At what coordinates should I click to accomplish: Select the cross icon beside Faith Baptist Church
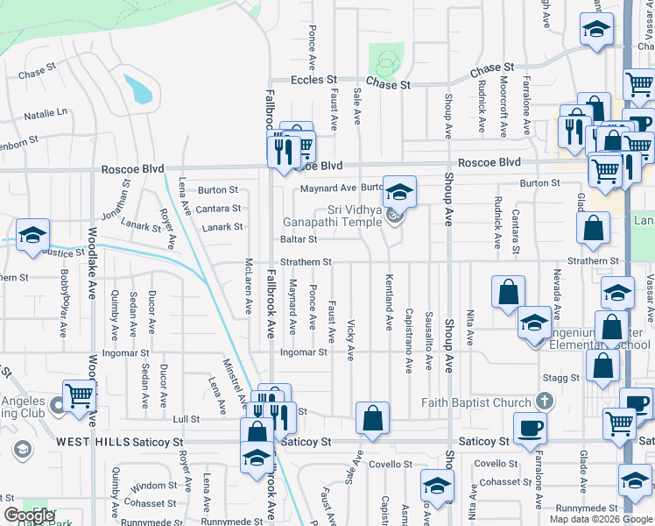[544, 402]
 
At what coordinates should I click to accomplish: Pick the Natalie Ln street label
[46, 114]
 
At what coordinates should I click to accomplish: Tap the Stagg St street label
[562, 378]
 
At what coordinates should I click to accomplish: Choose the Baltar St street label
[298, 238]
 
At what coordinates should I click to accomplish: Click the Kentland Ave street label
[388, 302]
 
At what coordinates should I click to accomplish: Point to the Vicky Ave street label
[350, 339]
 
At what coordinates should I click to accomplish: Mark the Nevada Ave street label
[557, 295]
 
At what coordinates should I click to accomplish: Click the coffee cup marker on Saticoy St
[530, 429]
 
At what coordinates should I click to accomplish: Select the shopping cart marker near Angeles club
[79, 395]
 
